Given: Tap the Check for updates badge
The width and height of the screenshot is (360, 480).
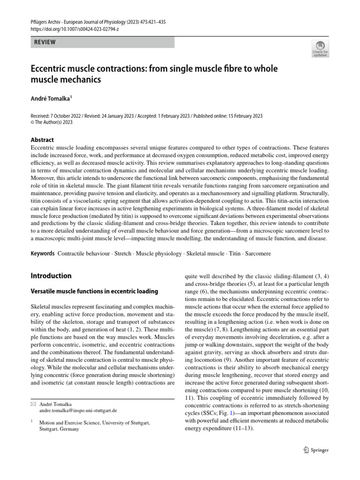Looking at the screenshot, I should pyautogui.click(x=320, y=49).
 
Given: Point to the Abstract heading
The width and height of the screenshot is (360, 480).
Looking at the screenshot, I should pyautogui.click(x=42, y=140).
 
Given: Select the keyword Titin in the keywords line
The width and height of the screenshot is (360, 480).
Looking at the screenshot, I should pyautogui.click(x=234, y=253).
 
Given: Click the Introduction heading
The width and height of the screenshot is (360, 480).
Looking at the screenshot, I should pyautogui.click(x=51, y=276).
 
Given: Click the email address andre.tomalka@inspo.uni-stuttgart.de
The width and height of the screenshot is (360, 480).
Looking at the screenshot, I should pyautogui.click(x=78, y=410).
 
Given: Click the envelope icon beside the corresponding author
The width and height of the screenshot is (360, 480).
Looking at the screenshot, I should pyautogui.click(x=33, y=404).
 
